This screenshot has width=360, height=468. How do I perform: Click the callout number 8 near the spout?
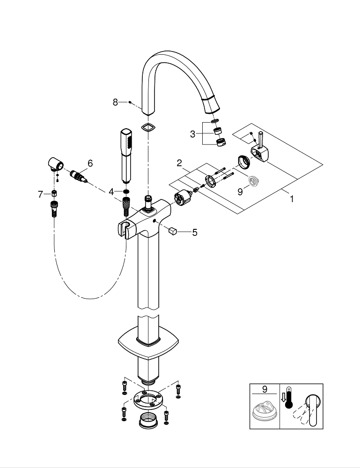pyautogui.click(x=115, y=102)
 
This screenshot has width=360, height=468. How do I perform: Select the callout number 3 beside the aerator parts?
pyautogui.click(x=192, y=134)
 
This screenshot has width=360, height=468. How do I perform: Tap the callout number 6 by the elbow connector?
pyautogui.click(x=90, y=163)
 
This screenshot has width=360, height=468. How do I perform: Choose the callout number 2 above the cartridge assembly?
pyautogui.click(x=179, y=163)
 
